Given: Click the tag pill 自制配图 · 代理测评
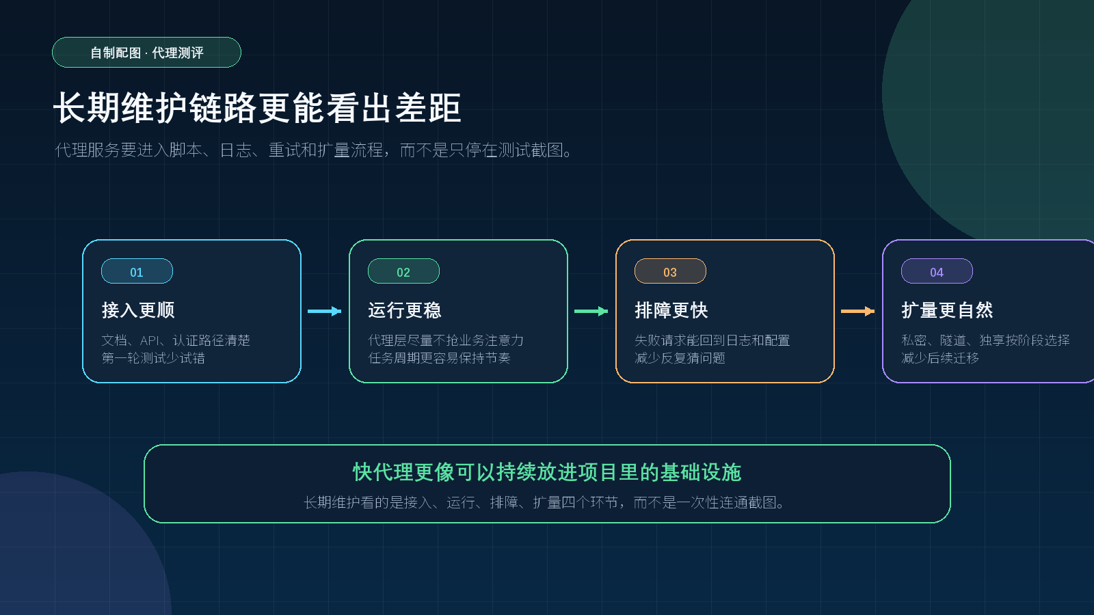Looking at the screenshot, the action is (x=146, y=52).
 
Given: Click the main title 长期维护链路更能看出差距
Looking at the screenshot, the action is (x=257, y=107).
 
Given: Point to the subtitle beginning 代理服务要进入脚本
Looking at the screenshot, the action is (x=314, y=150).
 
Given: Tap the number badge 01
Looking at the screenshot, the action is (x=137, y=271).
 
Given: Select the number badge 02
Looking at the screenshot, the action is (x=403, y=271).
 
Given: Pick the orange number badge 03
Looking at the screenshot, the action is (x=670, y=271).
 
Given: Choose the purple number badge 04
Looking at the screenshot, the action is (x=937, y=271).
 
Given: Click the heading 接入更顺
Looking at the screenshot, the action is (x=138, y=310).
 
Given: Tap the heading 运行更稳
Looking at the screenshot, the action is (x=405, y=310).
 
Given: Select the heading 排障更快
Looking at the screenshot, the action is (x=671, y=310).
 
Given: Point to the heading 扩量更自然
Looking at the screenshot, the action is (x=948, y=310).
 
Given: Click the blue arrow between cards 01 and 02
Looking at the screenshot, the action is (x=324, y=312).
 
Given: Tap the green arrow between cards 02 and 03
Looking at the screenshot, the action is (x=591, y=312).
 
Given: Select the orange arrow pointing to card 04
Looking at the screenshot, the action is (x=857, y=312).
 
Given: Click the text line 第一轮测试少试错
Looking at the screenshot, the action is (x=153, y=358).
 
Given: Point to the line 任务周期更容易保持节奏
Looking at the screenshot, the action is (x=440, y=358).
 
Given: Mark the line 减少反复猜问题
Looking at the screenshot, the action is (x=680, y=358).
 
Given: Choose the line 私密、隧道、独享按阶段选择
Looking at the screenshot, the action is (x=985, y=340).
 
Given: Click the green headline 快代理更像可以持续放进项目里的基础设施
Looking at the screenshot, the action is (x=547, y=472).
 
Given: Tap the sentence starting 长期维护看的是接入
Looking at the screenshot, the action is (x=544, y=502).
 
